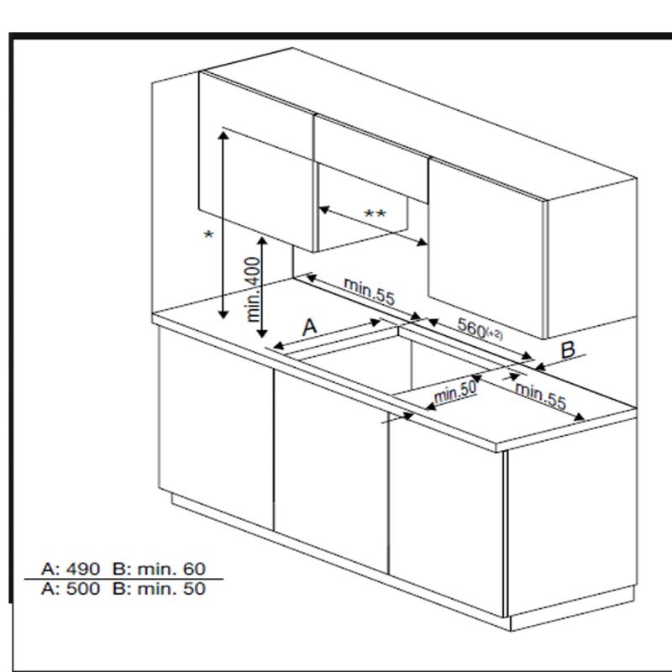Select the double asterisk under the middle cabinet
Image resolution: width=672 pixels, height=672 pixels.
click(375, 214)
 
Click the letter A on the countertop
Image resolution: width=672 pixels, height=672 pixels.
click(310, 326)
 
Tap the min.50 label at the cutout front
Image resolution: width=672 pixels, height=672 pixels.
click(455, 391)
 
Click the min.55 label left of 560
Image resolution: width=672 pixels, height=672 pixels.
click(369, 291)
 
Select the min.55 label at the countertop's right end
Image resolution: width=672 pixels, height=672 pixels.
click(540, 395)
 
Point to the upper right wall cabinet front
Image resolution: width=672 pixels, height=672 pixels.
click(487, 244)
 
